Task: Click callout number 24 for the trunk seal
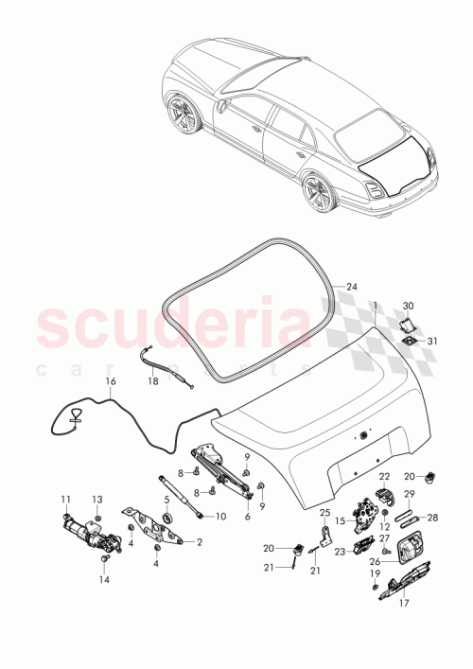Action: pos(352,287)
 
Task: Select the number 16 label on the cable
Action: pos(111,381)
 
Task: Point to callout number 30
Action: pos(409,306)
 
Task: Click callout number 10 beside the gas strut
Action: pos(220,516)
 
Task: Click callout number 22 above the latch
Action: pos(384,476)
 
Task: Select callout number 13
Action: pos(96,499)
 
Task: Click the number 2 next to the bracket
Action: pos(200,542)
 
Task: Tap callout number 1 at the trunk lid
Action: pos(375,306)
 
